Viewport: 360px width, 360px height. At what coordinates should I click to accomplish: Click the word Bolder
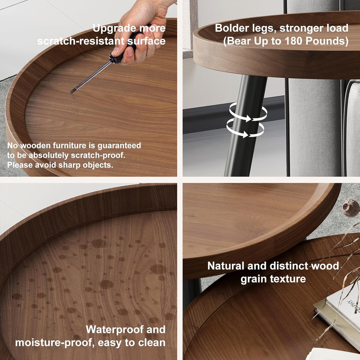pos(233,28)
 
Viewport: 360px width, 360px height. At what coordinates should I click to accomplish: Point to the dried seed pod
pos(351,207)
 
